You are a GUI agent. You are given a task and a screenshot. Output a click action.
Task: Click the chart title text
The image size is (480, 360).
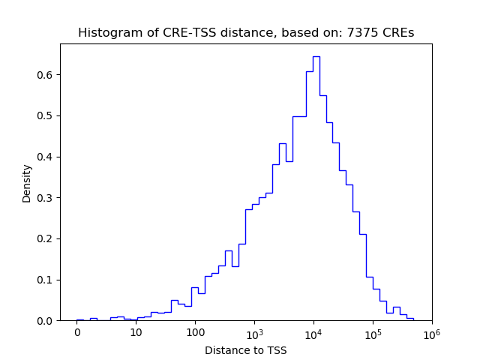pos(246,33)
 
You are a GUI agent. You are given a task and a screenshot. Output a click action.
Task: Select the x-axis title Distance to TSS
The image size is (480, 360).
pos(246,350)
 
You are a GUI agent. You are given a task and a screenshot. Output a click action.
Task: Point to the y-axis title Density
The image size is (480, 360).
pos(27,183)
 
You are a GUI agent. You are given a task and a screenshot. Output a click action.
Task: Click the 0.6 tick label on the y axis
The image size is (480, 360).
pos(46,75)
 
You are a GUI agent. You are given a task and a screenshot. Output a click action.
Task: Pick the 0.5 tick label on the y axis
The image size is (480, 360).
pos(46,115)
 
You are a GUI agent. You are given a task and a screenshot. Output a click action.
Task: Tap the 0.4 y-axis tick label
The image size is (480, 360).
pos(46,157)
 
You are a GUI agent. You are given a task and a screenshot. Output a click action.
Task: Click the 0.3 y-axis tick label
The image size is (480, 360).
pos(46,198)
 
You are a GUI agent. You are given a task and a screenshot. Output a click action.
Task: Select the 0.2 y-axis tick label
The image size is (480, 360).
pos(46,238)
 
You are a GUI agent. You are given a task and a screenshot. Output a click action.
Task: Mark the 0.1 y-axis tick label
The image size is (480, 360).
pos(46,280)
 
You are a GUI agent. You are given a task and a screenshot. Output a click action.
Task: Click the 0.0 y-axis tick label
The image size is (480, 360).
pos(46,321)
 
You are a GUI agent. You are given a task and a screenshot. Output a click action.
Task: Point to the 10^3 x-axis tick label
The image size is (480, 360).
pos(254,332)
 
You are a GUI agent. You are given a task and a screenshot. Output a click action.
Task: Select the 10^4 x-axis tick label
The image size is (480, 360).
pos(313,332)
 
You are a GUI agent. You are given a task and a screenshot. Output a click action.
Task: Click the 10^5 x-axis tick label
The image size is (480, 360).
pos(373,332)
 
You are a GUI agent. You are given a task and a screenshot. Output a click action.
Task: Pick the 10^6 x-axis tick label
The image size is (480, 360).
pos(431,332)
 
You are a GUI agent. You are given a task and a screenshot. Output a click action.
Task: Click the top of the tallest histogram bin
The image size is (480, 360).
pos(316,56)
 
